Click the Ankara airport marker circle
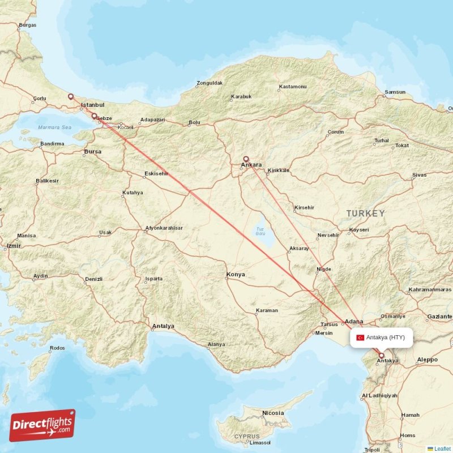pyautogui.click(x=246, y=159)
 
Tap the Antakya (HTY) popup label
pyautogui.click(x=385, y=337)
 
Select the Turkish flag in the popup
pyautogui.click(x=360, y=337)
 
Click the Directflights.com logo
pyautogui.click(x=42, y=425)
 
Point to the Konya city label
pyautogui.click(x=236, y=275)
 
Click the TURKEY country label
pyautogui.click(x=366, y=213)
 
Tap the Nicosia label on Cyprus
pyautogui.click(x=273, y=413)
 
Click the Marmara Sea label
pyautogui.click(x=55, y=127)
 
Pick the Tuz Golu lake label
pyautogui.click(x=260, y=230)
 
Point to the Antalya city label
pyautogui.click(x=163, y=326)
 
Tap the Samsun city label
pyautogui.click(x=395, y=92)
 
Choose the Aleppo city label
pyautogui.click(x=427, y=360)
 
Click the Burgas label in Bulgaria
pyautogui.click(x=27, y=25)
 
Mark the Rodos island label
pyautogui.click(x=57, y=348)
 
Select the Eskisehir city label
pyautogui.click(x=156, y=173)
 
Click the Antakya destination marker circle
pyautogui.click(x=381, y=356)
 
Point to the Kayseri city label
pyautogui.click(x=359, y=229)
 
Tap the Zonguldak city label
pyautogui.click(x=209, y=83)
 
